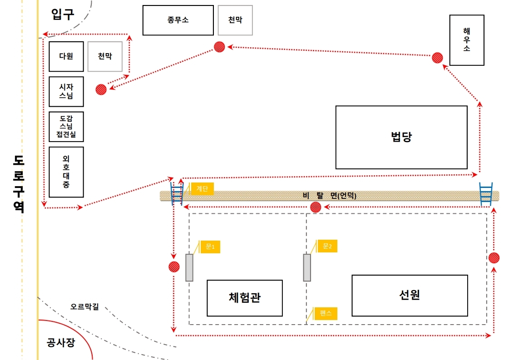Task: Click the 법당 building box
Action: click(401, 137)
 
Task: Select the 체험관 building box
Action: click(244, 298)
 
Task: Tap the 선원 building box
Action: click(409, 295)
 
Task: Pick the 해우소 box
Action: click(466, 40)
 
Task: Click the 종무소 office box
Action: click(178, 20)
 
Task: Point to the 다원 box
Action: click(66, 56)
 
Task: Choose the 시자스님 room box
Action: click(66, 91)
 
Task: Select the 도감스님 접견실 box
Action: click(66, 126)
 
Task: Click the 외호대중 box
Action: click(66, 172)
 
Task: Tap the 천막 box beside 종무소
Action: click(235, 20)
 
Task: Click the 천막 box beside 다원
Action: click(104, 56)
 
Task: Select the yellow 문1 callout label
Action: click(210, 247)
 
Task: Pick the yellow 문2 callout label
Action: click(327, 246)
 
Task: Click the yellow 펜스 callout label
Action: click(326, 313)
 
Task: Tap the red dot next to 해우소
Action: click(437, 58)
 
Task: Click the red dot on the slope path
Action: click(315, 207)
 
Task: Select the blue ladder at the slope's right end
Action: click(486, 194)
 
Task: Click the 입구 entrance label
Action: click(63, 14)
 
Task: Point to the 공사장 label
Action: click(60, 342)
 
